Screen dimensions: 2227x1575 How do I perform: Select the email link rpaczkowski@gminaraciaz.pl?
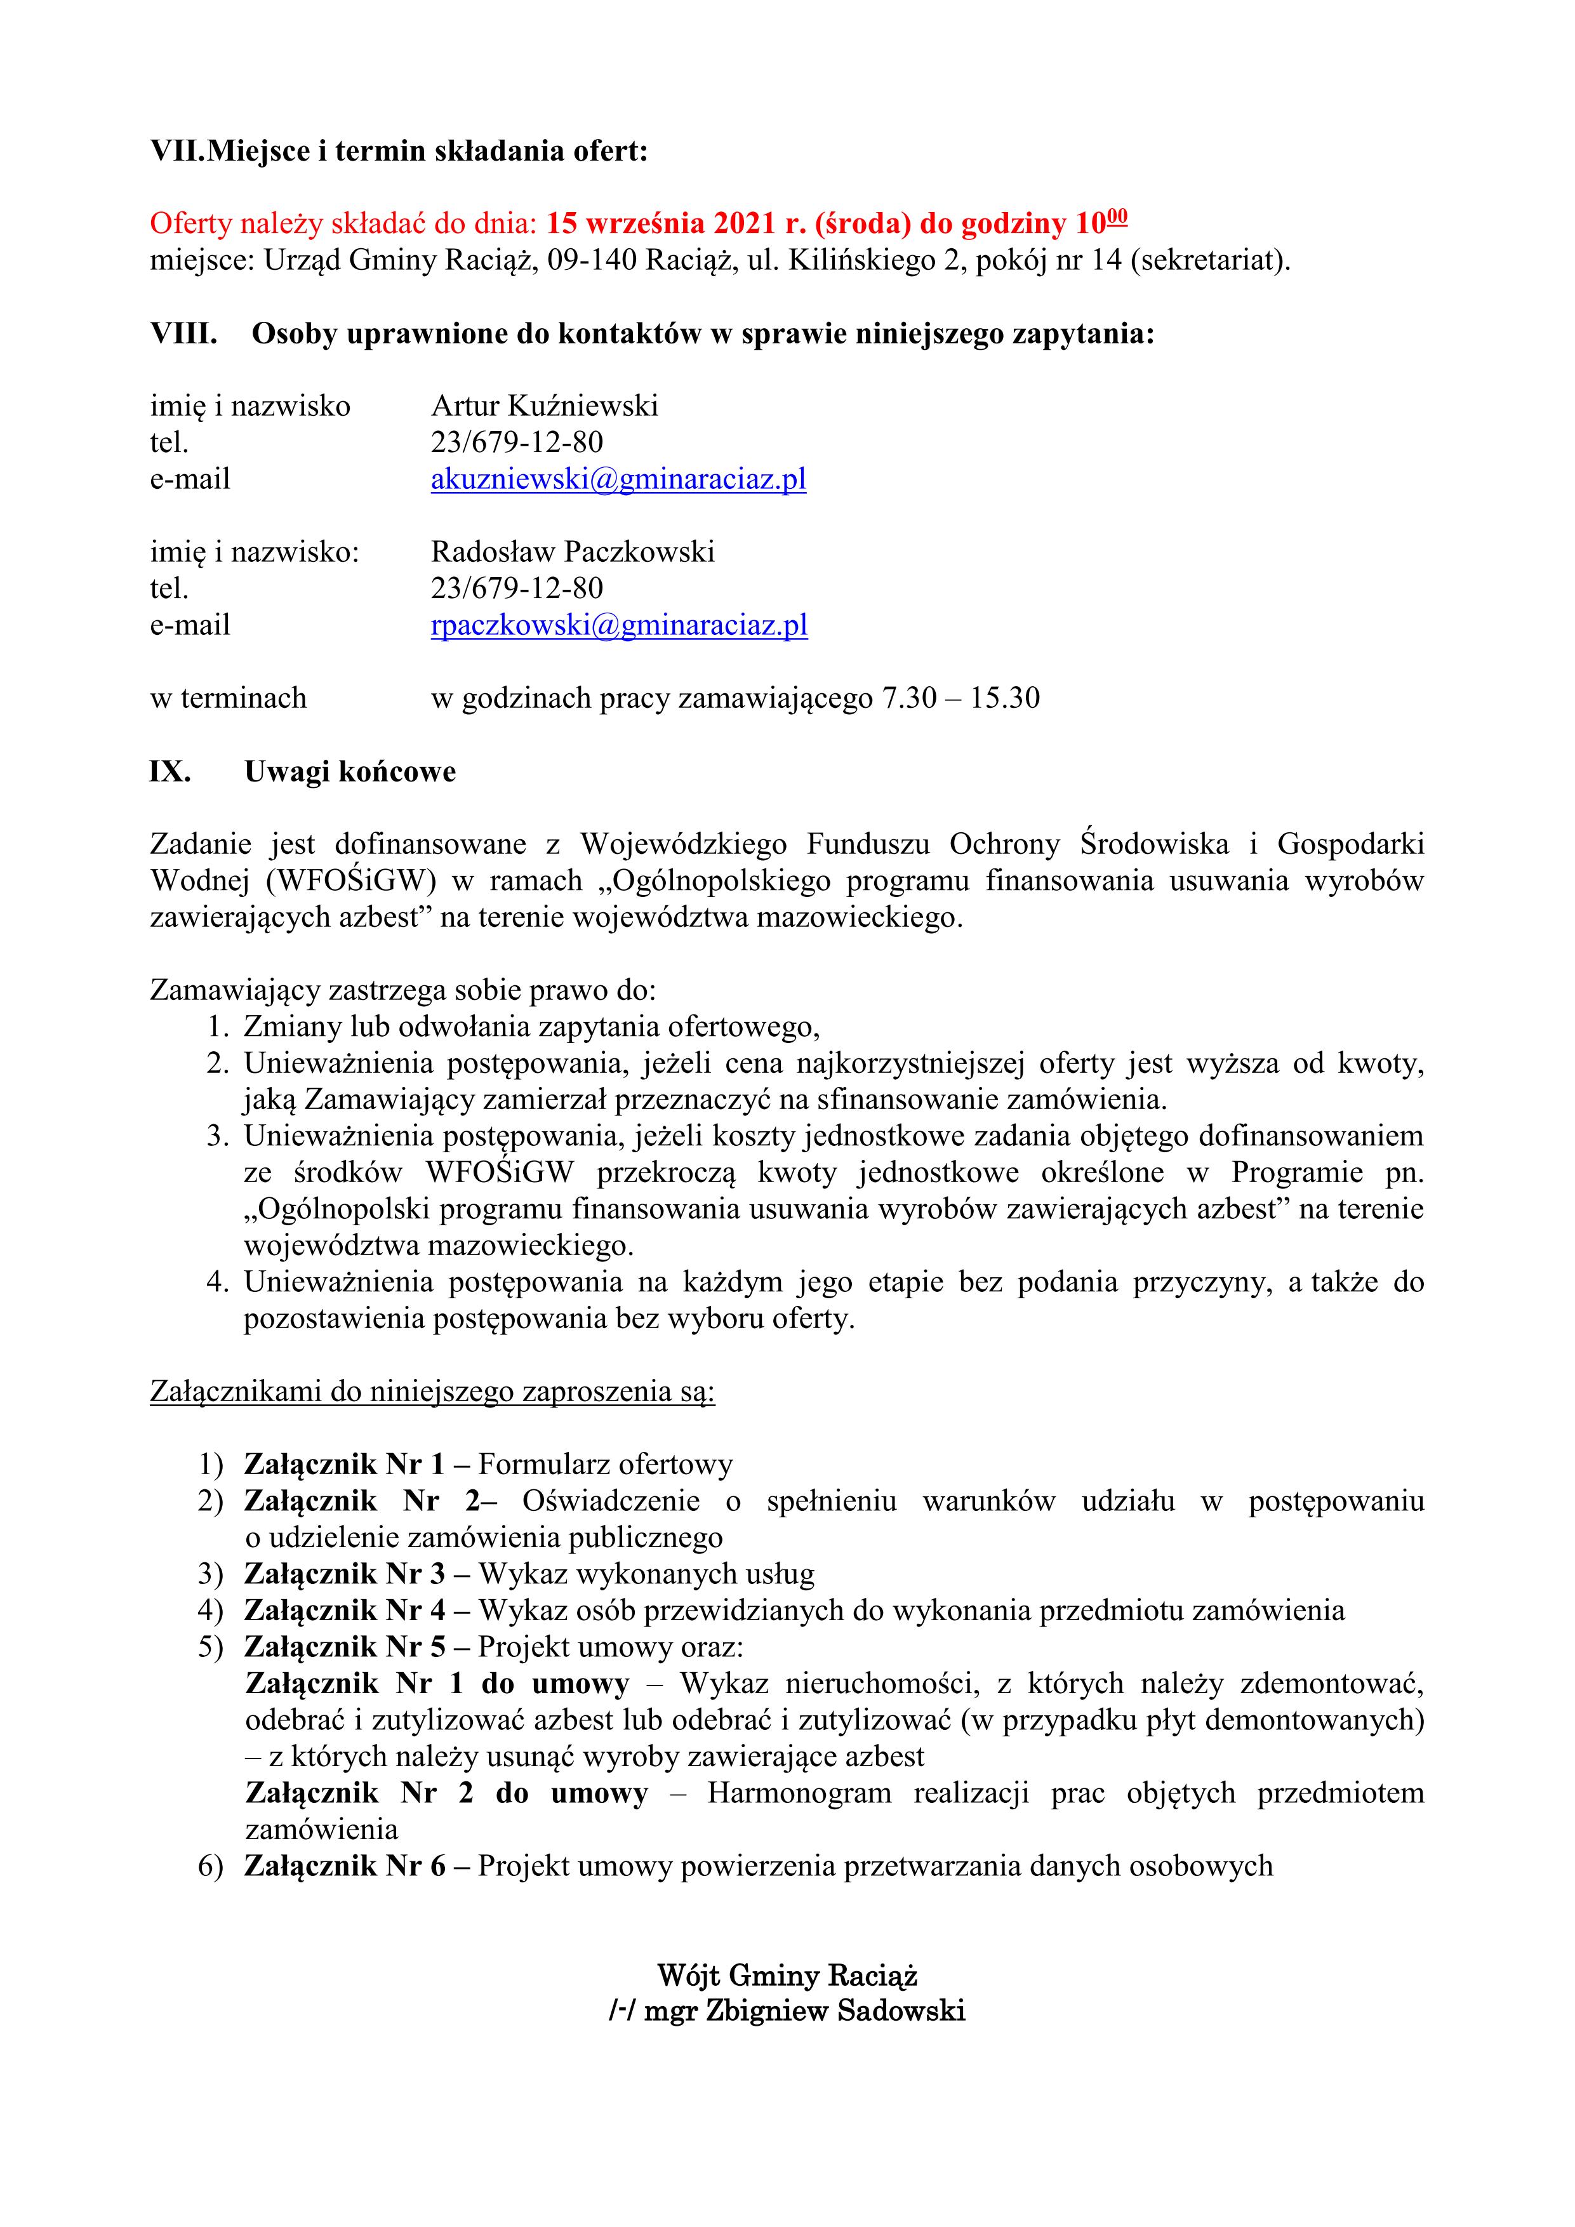coord(619,625)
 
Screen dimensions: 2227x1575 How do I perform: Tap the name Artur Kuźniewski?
coord(544,406)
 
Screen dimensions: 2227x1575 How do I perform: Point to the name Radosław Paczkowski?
coord(572,552)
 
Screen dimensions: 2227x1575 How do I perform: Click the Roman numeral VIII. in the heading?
coord(183,334)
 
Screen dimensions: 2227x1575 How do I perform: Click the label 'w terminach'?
coord(228,698)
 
